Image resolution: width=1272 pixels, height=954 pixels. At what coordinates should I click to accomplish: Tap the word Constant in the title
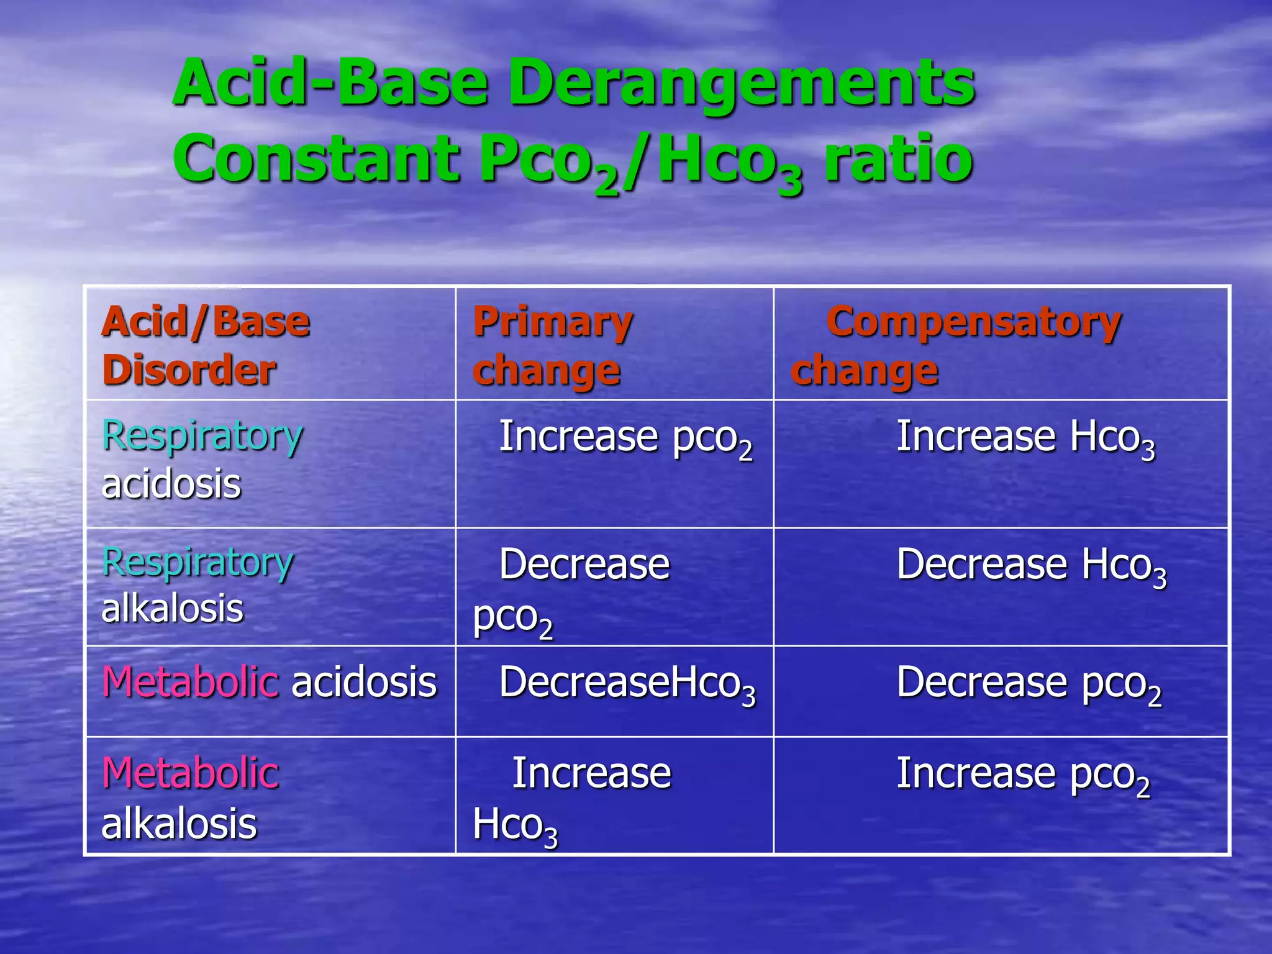[x=317, y=160]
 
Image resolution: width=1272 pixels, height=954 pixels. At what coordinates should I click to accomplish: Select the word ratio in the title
[x=897, y=160]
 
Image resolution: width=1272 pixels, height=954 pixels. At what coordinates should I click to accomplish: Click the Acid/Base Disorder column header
[x=206, y=345]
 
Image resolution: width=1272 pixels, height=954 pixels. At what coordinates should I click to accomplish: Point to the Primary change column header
[x=552, y=345]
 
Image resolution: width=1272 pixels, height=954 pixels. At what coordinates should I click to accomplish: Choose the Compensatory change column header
[x=956, y=345]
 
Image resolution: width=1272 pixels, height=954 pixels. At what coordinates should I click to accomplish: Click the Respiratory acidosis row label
[x=202, y=459]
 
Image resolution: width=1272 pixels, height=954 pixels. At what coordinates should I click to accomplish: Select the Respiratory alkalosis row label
[x=197, y=584]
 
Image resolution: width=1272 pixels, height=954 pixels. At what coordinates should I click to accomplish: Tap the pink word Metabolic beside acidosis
[x=190, y=682]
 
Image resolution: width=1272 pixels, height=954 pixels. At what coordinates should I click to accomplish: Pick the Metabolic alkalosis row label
[x=190, y=798]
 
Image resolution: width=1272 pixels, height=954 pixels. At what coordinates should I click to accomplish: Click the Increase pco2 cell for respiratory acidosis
[x=625, y=437]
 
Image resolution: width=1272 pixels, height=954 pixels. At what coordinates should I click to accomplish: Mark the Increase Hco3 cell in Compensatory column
[x=1025, y=437]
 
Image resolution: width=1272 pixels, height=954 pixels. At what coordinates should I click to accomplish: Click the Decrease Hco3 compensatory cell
[x=1031, y=565]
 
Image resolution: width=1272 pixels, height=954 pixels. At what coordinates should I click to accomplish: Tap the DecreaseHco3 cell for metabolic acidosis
[x=627, y=683]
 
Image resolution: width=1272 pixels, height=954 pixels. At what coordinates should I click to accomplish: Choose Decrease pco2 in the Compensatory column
[x=1029, y=683]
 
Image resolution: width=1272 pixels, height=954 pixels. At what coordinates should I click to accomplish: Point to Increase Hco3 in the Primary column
[x=571, y=799]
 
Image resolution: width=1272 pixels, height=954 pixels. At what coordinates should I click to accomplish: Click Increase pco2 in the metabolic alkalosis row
[x=1022, y=775]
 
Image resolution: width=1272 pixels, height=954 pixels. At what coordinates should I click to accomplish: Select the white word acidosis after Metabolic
[x=364, y=682]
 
